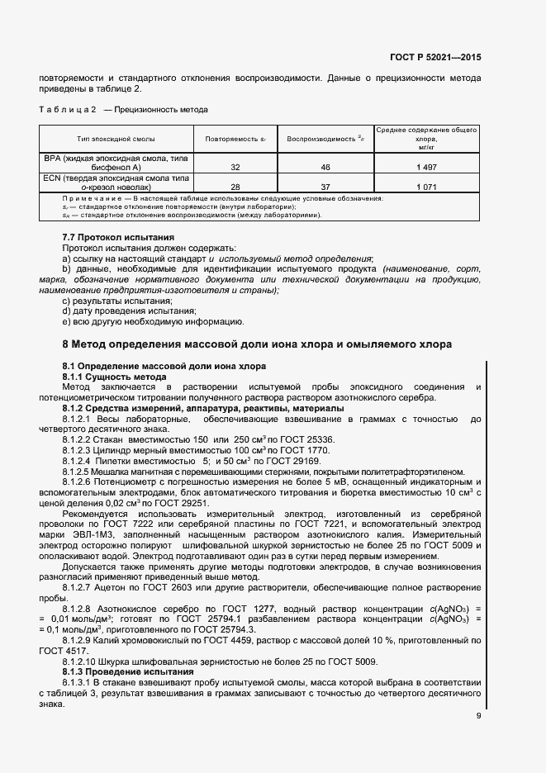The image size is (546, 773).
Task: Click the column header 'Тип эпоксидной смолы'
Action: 116,140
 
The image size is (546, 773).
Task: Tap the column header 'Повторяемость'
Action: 235,140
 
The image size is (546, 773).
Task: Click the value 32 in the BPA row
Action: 235,167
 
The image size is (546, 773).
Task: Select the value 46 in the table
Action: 325,167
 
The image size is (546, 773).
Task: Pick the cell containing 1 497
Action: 426,167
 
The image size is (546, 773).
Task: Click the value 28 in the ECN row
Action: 235,187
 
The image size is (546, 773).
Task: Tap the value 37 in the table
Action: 325,187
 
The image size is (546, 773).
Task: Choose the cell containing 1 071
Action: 426,187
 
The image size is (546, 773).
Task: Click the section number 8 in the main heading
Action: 66,344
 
